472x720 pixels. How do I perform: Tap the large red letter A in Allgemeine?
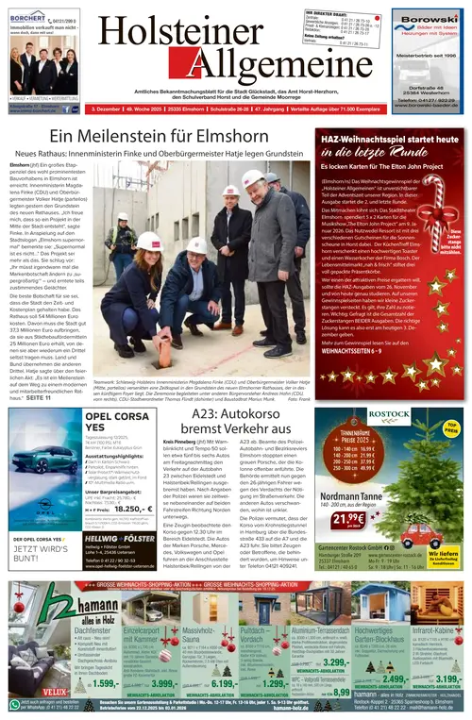point(120,74)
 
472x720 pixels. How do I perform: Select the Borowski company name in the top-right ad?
point(428,16)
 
